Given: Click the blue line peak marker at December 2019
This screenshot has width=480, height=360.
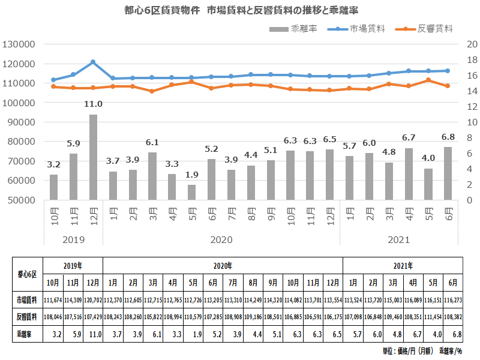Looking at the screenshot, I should tap(93, 62).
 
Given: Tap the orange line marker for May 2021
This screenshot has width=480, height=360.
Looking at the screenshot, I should tap(428, 80).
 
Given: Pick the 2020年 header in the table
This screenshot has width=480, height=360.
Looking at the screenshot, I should tap(223, 265).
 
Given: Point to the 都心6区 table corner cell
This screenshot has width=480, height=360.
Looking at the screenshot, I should tap(28, 273).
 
